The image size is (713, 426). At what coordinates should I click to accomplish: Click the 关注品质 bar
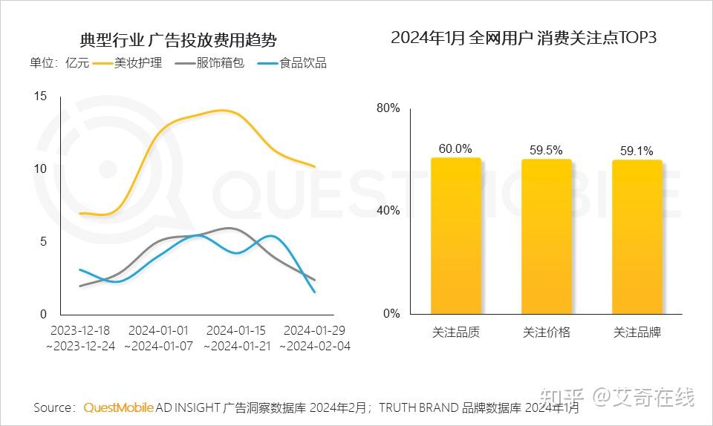(456, 236)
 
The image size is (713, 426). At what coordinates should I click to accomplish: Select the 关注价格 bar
(547, 237)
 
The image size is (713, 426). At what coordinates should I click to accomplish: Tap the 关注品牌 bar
(637, 237)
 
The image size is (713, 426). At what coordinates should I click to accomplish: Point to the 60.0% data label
(455, 148)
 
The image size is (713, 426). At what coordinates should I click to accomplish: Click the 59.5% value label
(546, 150)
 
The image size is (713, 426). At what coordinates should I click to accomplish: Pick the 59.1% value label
(637, 151)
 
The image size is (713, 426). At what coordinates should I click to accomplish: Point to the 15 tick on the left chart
(40, 96)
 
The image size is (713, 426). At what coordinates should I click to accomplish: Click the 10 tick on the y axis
(40, 168)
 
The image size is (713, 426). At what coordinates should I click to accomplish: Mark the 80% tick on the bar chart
(388, 108)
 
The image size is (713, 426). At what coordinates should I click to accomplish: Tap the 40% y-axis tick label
(388, 211)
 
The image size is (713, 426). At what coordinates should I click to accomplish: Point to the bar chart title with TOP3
(524, 38)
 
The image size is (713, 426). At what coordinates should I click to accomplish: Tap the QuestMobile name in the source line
(119, 407)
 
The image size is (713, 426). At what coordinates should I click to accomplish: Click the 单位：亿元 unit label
(59, 63)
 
